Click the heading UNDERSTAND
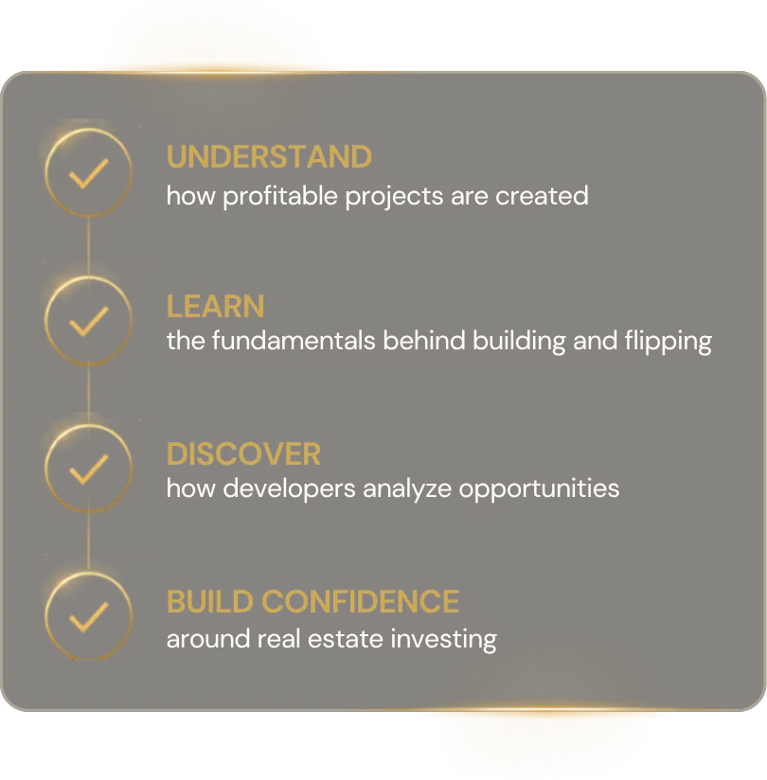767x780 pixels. click(x=269, y=157)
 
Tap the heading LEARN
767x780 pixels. click(x=216, y=306)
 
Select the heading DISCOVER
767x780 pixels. click(x=243, y=453)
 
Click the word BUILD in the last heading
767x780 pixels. click(x=210, y=601)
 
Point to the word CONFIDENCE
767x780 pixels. click(x=361, y=601)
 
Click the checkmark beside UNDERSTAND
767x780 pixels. click(x=88, y=173)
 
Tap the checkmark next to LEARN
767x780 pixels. click(x=88, y=321)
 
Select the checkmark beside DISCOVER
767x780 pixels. click(x=88, y=470)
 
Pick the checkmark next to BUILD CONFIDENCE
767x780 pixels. click(x=88, y=617)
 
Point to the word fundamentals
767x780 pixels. click(x=294, y=341)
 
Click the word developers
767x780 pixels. click(x=289, y=489)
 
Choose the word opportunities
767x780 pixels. click(x=539, y=489)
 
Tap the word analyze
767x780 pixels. click(x=407, y=489)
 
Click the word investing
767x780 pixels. click(x=443, y=640)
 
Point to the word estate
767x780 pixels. click(x=346, y=639)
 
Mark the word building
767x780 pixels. click(x=519, y=342)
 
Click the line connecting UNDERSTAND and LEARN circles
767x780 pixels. click(x=89, y=246)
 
